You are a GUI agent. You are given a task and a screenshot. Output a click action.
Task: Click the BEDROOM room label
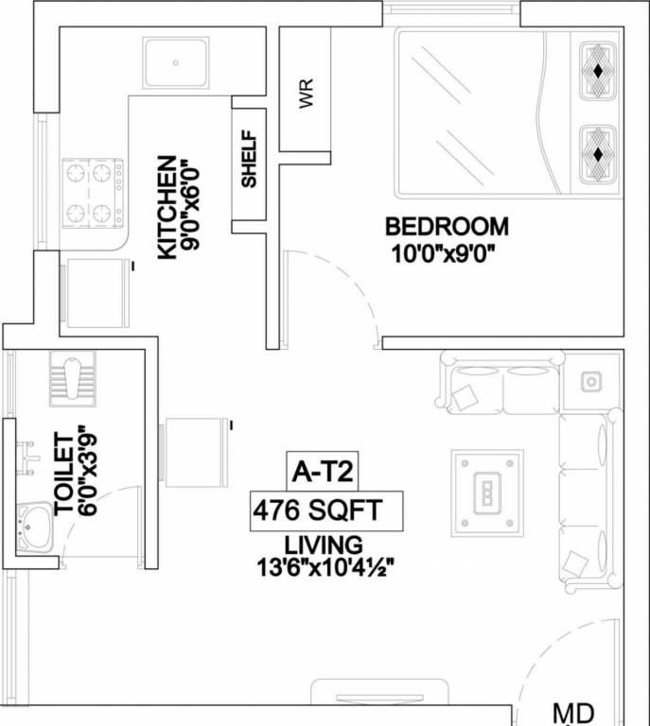click(446, 227)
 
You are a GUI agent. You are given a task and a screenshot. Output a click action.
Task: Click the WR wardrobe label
click(306, 95)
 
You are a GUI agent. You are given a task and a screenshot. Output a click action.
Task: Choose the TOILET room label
click(64, 473)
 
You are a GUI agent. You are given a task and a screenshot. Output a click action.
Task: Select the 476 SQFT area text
click(317, 511)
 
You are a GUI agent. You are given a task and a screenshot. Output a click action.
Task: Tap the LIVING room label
click(324, 544)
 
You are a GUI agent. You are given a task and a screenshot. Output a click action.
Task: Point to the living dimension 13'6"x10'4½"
click(325, 567)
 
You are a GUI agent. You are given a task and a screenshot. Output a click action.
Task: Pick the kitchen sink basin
click(176, 62)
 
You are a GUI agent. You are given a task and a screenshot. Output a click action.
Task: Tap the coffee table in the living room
click(487, 492)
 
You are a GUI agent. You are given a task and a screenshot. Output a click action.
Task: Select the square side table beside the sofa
click(590, 381)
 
